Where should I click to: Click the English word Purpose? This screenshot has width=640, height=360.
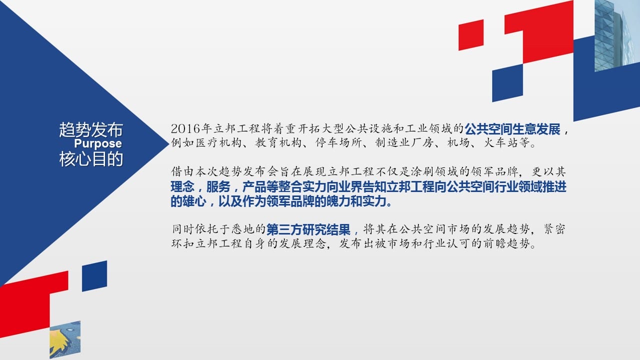point(98,143)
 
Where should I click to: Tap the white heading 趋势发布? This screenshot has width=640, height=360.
point(91,129)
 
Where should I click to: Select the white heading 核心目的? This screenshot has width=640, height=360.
point(91,159)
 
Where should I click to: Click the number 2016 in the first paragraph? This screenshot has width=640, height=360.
point(185,129)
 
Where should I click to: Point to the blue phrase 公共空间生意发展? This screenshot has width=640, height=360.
point(512,129)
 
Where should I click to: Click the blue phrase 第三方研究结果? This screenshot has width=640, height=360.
point(308,229)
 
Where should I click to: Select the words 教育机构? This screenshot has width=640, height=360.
point(278,142)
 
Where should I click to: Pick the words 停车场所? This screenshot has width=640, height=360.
point(338,142)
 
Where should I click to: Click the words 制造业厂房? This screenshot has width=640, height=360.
point(404,142)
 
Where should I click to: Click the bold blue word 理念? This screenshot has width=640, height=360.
point(182,187)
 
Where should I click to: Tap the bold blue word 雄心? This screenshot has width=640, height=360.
point(194,201)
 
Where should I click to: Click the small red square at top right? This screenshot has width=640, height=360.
point(471,35)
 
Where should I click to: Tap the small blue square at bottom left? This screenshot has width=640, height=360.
point(94,276)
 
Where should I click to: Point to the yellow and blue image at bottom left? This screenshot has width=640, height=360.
point(65,339)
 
